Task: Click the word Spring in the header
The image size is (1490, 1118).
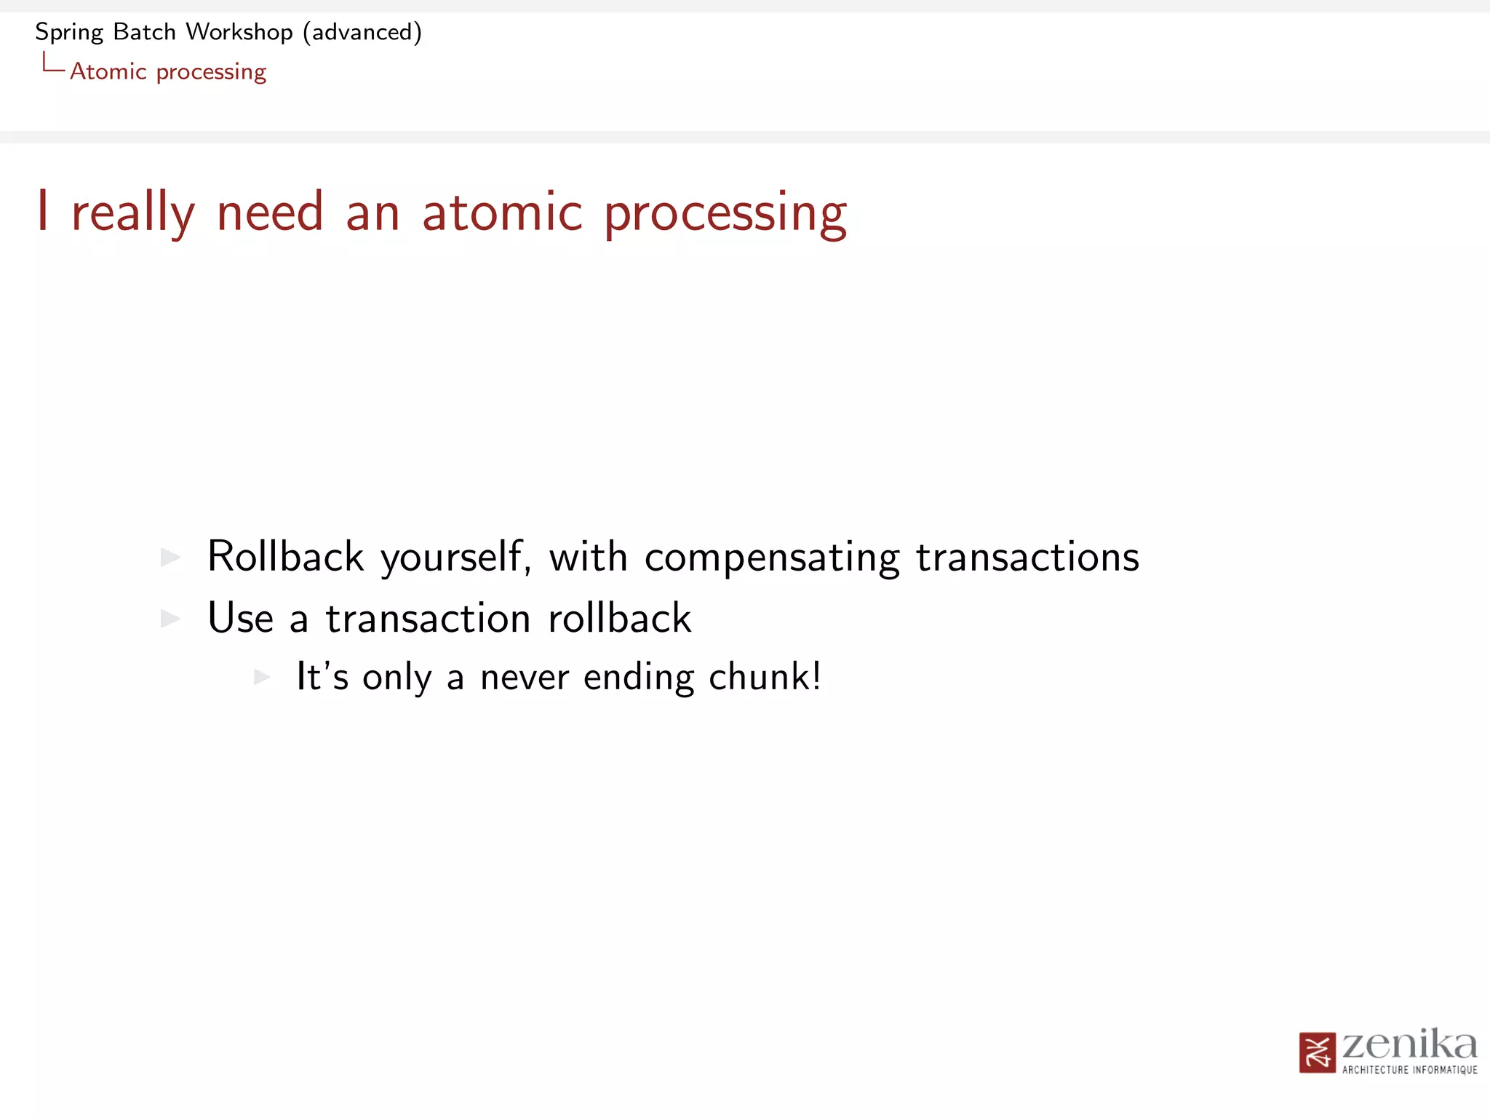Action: (x=69, y=33)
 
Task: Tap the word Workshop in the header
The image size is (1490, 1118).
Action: (x=239, y=32)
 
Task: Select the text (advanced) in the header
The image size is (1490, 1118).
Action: (x=362, y=32)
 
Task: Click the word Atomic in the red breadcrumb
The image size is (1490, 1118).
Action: (x=108, y=71)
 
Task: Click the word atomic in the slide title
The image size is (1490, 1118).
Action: (x=502, y=213)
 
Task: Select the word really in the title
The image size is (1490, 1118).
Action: (x=133, y=213)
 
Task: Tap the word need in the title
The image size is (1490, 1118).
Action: (x=270, y=213)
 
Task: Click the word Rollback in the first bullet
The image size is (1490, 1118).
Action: (x=285, y=557)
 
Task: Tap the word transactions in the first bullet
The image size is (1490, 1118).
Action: (x=1027, y=557)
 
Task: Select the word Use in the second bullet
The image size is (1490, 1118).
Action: (x=241, y=618)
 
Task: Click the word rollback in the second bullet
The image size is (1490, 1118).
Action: (x=619, y=618)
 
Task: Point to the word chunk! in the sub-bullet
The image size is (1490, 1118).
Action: (x=765, y=676)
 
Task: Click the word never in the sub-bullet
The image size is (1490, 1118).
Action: (x=525, y=678)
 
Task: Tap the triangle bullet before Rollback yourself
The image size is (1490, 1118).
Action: (x=170, y=558)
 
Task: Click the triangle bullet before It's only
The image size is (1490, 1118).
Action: (x=262, y=677)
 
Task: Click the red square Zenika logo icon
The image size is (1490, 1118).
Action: (x=1317, y=1052)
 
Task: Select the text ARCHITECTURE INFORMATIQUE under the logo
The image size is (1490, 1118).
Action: (x=1409, y=1070)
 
